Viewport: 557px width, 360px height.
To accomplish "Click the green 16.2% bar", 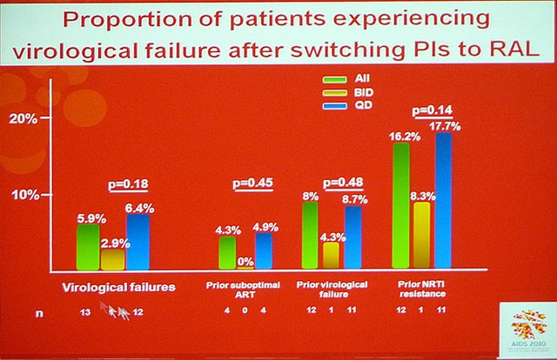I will click(401, 205).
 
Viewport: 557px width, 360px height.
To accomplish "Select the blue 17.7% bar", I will click(444, 200).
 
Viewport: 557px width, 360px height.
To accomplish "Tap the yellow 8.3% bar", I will click(422, 235).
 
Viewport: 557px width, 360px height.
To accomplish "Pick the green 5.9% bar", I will click(88, 247).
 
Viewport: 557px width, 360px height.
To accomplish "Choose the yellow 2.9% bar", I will click(112, 259).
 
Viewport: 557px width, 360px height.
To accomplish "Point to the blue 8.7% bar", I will click(352, 237).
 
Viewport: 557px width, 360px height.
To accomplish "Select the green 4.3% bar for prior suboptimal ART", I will click(227, 252).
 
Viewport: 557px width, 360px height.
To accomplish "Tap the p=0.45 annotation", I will click(252, 183).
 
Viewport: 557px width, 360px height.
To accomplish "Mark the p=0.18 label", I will click(126, 183).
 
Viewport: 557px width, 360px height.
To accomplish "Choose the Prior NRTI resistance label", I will click(424, 289).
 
